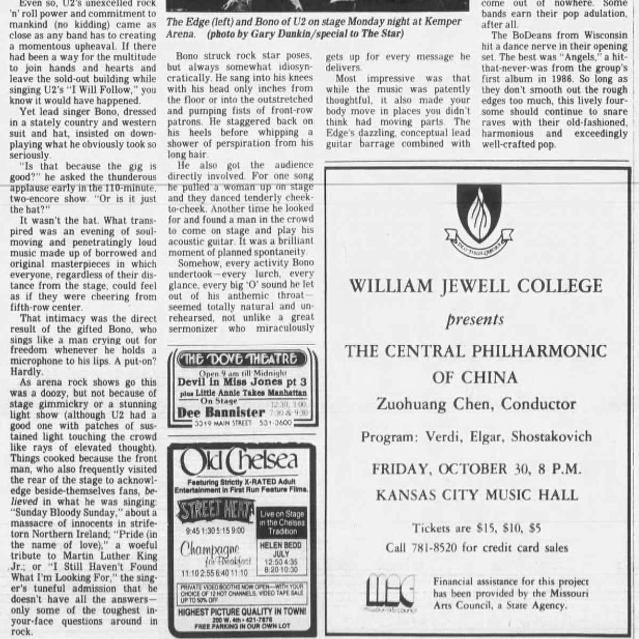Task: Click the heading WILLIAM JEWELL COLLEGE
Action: (x=476, y=286)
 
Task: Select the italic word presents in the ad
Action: (x=475, y=319)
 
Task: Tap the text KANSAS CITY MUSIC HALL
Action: (x=477, y=495)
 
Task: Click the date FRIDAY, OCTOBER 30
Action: (x=453, y=469)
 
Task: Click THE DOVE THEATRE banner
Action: (x=240, y=358)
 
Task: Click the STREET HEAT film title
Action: (x=216, y=512)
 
